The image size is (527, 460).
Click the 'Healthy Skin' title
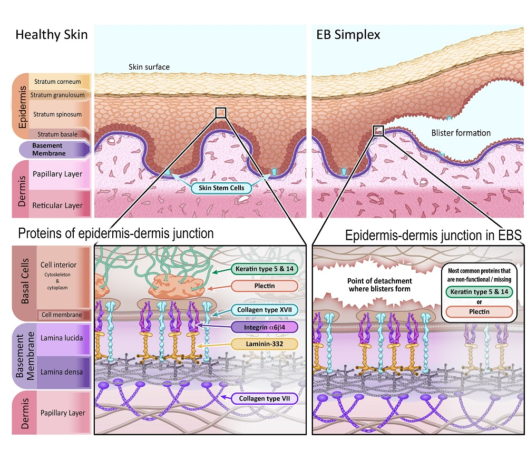coord(51,36)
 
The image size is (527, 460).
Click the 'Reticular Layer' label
coord(58,205)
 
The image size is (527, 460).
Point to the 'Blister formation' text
coord(461,133)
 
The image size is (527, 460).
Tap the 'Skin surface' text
coord(149,67)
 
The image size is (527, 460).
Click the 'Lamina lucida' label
coord(61,337)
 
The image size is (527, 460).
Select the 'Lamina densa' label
coord(61,372)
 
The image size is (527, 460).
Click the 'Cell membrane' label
coord(62,315)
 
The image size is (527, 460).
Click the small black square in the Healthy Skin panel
coord(221,112)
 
